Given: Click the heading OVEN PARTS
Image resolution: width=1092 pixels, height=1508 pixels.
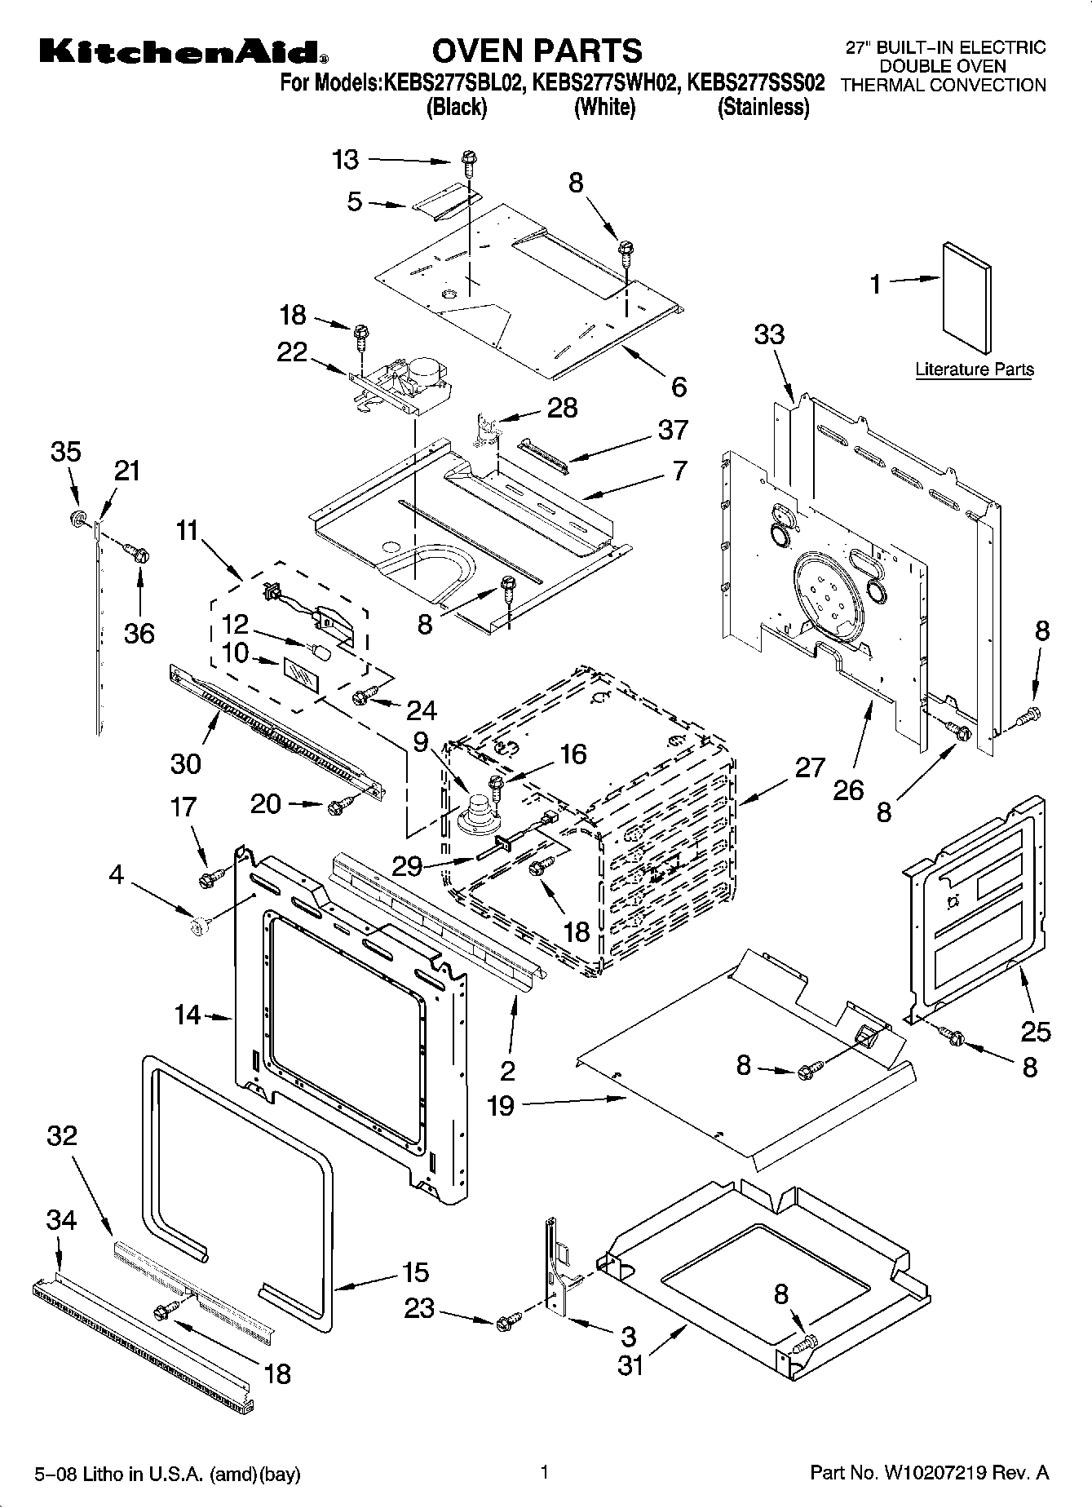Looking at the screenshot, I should point(537,51).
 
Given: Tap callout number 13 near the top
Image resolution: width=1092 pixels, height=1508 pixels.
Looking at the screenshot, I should point(346,160).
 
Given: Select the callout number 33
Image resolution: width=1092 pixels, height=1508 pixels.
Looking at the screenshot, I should point(769,334).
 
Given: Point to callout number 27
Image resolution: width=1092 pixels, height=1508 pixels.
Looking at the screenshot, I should point(810,767).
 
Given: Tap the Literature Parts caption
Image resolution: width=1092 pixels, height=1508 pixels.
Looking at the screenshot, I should point(974,369).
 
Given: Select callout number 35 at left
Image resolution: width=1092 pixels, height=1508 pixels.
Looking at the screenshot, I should point(66,452).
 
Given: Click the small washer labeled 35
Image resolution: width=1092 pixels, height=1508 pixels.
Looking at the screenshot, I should point(79,519).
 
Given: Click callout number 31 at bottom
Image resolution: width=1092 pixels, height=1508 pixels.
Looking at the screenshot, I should point(630,1364).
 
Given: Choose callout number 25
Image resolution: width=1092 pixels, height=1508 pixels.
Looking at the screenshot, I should point(1035,1032).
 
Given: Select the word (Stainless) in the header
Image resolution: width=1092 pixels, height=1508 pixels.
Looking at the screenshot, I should point(763,108).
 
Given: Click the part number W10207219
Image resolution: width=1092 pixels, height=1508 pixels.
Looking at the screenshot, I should point(935,1473).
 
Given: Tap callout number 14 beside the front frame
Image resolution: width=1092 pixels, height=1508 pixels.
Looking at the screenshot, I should point(188,1015).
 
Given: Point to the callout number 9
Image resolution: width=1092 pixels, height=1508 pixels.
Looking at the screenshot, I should point(421,741).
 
